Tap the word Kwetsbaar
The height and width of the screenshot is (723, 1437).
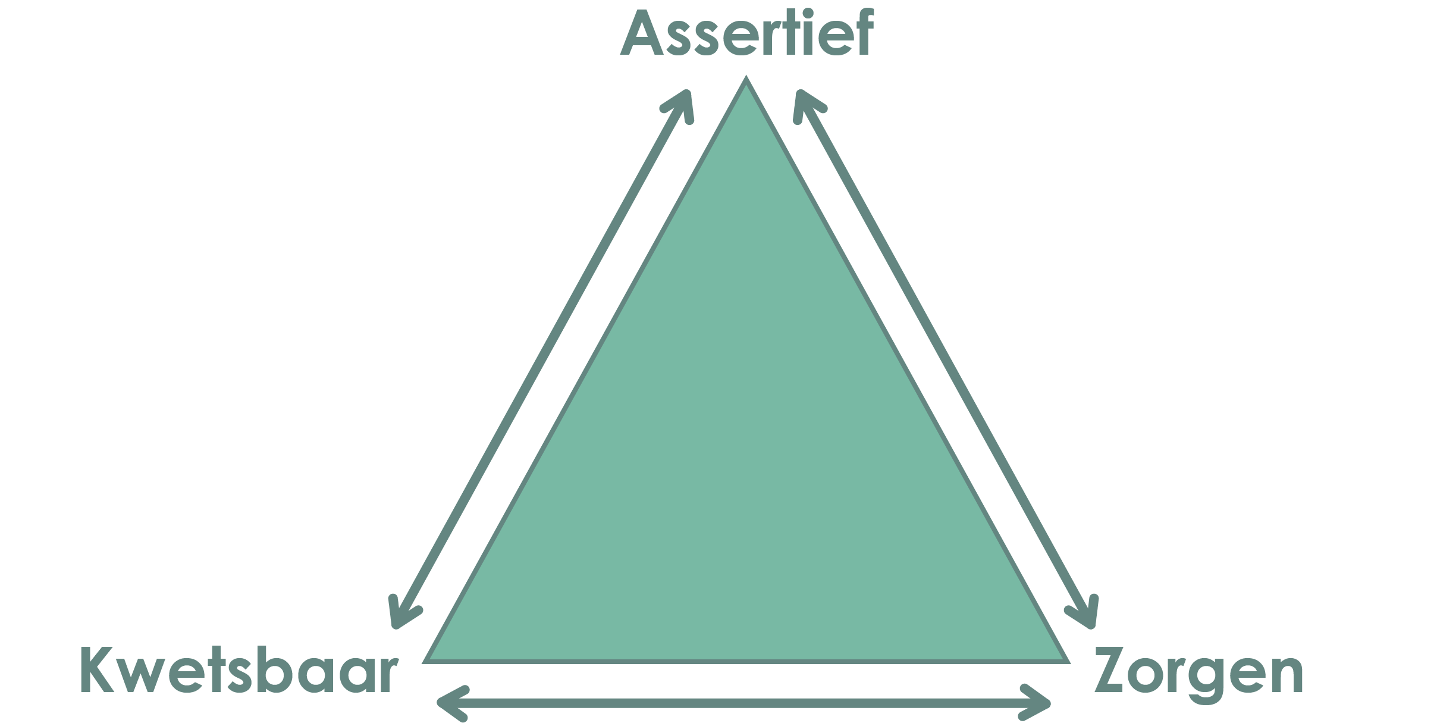click(239, 671)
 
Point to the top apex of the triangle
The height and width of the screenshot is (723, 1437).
click(746, 77)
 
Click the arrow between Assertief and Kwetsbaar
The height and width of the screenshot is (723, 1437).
click(541, 359)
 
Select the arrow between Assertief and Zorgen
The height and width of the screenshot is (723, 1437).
click(946, 359)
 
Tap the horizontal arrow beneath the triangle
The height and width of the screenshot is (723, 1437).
click(744, 704)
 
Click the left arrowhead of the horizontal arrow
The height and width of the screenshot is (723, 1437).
click(450, 704)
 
